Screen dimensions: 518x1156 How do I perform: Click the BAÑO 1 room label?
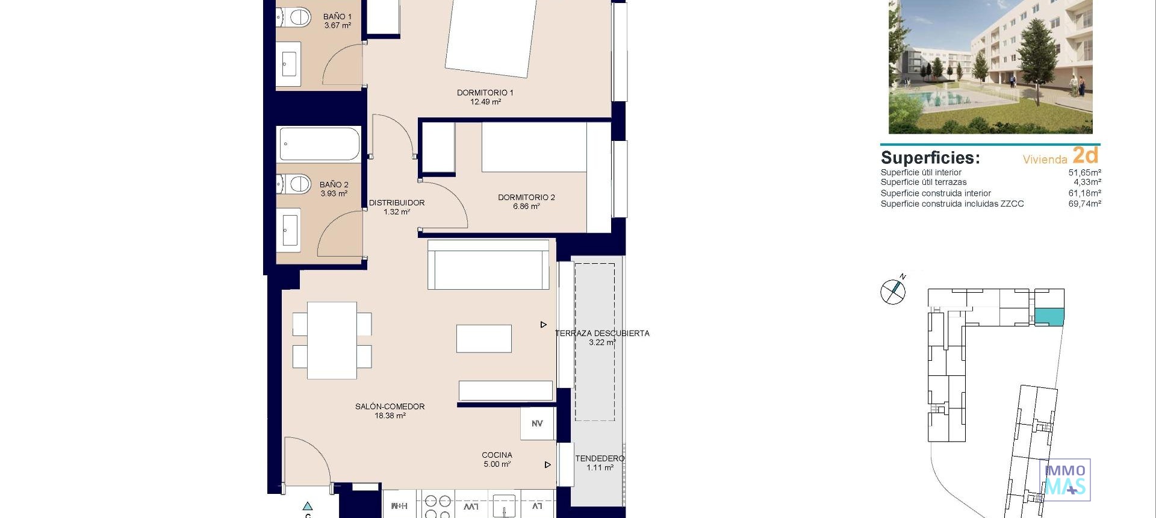pos(337,17)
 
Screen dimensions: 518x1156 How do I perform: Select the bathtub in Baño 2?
pos(319,145)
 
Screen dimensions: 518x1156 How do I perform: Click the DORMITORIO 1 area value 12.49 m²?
pos(485,102)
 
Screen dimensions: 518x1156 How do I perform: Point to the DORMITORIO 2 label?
pos(526,197)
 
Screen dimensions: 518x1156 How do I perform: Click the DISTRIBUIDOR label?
pos(397,203)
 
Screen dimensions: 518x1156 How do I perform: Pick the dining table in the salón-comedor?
pos(332,340)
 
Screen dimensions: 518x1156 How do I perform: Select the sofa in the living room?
pos(488,265)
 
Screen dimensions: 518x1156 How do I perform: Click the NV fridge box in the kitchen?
pos(537,423)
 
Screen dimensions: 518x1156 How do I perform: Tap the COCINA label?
pos(497,455)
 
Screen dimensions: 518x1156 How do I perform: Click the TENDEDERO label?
pos(600,458)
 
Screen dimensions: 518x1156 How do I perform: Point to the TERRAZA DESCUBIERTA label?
pos(602,333)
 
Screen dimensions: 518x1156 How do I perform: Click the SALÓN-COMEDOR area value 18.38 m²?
pos(390,416)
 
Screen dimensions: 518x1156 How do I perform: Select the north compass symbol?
pos(893,291)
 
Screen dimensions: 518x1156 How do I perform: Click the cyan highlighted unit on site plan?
pos(1049,316)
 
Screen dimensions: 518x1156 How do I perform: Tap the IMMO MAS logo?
pos(1065,480)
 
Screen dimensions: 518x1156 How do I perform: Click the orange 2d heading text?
pos(1086,155)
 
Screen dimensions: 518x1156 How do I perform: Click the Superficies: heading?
pos(930,158)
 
